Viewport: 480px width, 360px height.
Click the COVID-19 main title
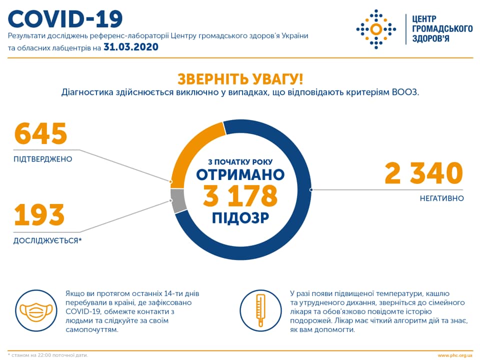click(65, 19)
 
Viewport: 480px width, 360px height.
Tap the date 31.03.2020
click(131, 47)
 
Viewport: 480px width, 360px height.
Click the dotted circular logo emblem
click(375, 28)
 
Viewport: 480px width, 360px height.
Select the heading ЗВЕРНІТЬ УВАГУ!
click(240, 79)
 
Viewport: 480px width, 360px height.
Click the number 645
click(40, 134)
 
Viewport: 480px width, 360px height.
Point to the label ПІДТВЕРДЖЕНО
click(43, 159)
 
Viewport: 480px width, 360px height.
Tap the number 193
click(39, 215)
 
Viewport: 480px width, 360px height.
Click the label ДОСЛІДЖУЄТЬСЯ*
click(47, 240)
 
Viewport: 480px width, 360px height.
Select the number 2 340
click(423, 174)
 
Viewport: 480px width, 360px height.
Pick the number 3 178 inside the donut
click(240, 196)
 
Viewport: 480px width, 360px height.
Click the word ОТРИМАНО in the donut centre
click(240, 174)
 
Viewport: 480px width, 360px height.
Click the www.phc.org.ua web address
click(454, 355)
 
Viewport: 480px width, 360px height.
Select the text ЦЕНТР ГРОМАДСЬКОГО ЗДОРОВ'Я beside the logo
click(442, 28)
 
